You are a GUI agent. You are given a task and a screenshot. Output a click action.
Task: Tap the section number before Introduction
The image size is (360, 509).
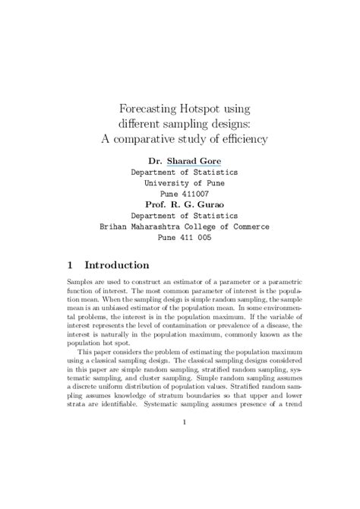click(69, 266)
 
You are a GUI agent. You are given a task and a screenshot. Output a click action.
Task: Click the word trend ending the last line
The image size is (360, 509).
click(292, 404)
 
